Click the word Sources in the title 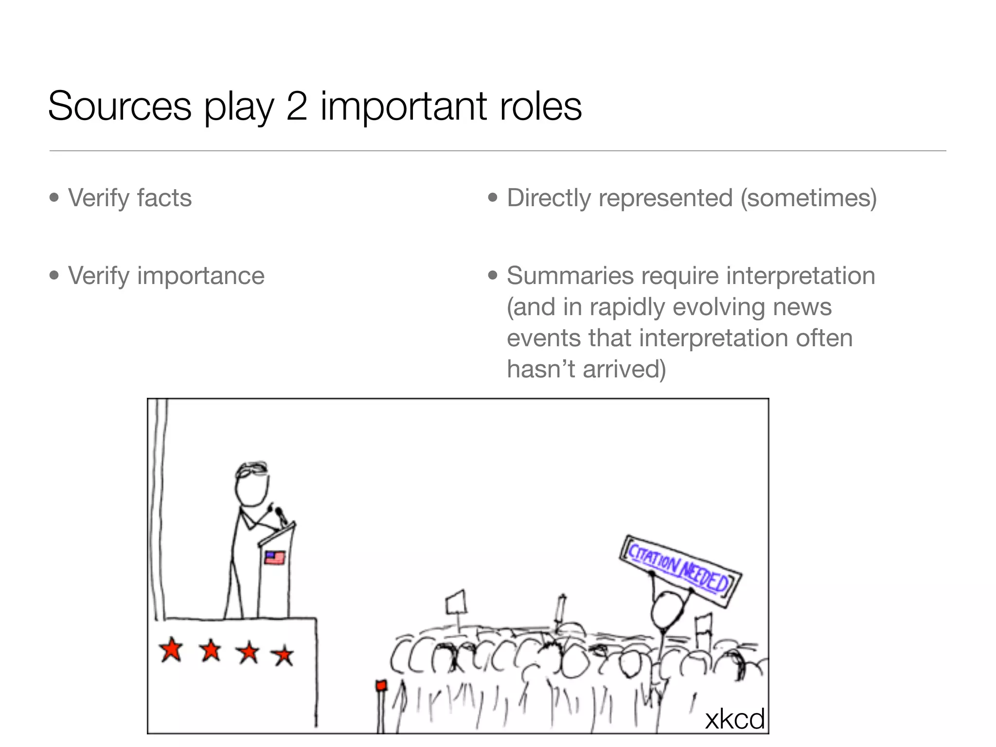click(x=120, y=106)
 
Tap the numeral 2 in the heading click(x=296, y=106)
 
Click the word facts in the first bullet click(x=164, y=198)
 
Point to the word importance click(x=201, y=276)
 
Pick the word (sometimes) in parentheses click(x=808, y=198)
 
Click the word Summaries click(x=570, y=276)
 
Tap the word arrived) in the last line click(x=624, y=369)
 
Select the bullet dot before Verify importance click(x=54, y=275)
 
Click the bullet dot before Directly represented click(x=493, y=197)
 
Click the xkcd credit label click(x=734, y=719)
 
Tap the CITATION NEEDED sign click(x=680, y=570)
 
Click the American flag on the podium click(x=275, y=557)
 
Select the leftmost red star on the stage click(x=171, y=650)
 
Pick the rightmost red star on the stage click(x=283, y=655)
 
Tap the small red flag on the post click(x=381, y=686)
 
